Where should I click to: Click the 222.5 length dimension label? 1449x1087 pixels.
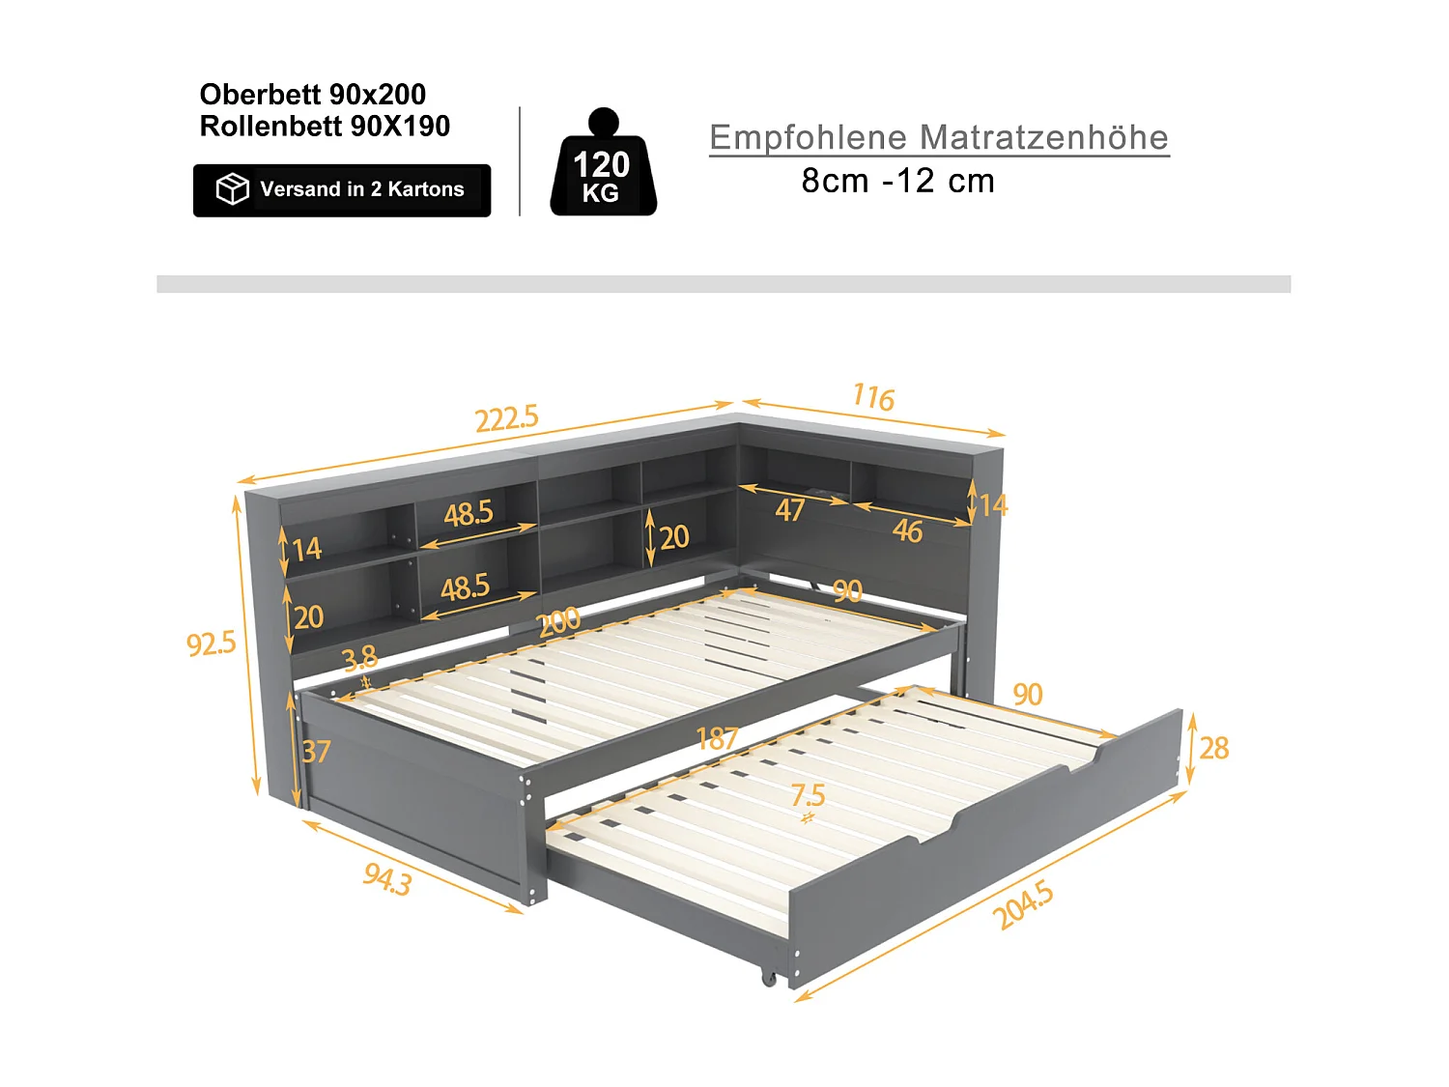(506, 418)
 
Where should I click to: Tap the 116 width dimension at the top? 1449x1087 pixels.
(873, 397)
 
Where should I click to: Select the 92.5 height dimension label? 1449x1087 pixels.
(211, 643)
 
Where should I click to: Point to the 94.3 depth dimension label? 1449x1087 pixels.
(387, 878)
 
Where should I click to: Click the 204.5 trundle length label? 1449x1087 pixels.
(1023, 905)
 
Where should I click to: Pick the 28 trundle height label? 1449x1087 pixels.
(1214, 747)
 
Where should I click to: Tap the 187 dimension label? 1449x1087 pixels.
(717, 739)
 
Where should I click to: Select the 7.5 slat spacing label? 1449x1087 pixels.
(808, 795)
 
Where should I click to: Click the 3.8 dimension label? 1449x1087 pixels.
(359, 659)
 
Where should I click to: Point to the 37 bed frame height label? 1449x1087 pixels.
(316, 751)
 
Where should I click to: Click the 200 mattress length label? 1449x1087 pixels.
(559, 621)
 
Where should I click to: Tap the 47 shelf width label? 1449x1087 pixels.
(790, 509)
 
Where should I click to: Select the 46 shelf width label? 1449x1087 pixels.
(907, 530)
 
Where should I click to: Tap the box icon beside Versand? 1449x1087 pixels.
(232, 189)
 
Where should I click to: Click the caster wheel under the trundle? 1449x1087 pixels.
(769, 978)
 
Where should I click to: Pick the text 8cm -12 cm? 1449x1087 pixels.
(897, 181)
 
